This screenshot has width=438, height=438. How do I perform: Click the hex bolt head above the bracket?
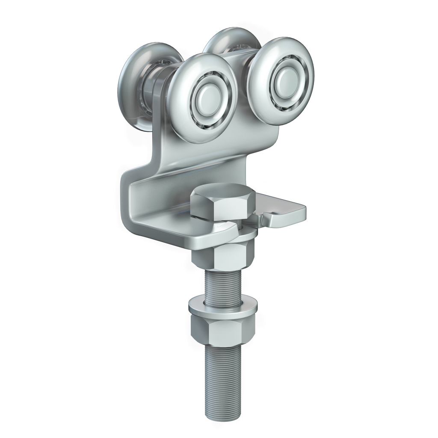pyautogui.click(x=223, y=201)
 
